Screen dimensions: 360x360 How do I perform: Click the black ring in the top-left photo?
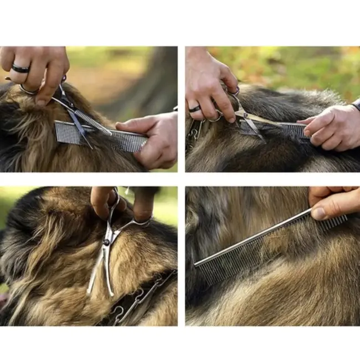[21, 69]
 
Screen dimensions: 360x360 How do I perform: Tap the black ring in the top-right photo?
[194, 109]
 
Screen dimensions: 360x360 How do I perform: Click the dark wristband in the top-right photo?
[356, 104]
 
